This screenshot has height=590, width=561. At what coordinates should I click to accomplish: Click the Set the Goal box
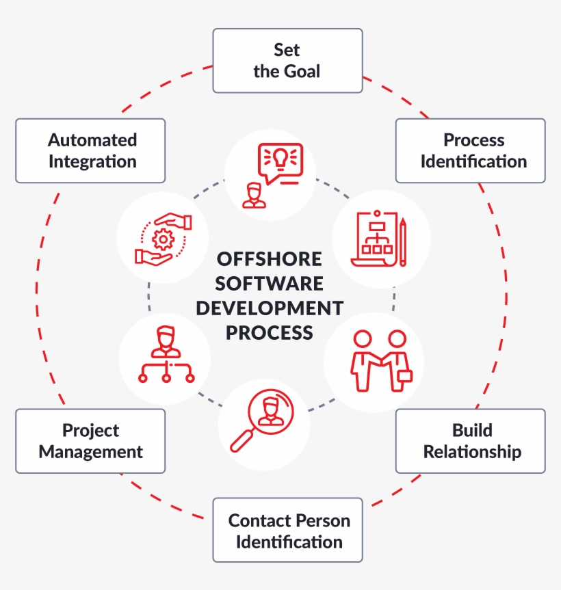(x=287, y=60)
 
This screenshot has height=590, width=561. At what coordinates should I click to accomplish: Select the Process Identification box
(x=471, y=150)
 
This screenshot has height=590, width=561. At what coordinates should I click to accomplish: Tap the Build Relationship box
(x=471, y=441)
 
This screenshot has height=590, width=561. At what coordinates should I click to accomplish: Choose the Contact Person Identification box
(x=287, y=530)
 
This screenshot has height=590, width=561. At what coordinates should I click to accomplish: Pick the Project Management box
(x=90, y=441)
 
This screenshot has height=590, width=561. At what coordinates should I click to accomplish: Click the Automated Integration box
(x=90, y=150)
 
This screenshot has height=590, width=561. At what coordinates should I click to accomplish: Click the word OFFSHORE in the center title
(x=269, y=259)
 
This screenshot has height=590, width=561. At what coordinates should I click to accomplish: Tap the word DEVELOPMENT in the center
(x=269, y=308)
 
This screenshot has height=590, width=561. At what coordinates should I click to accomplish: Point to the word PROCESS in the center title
(x=269, y=332)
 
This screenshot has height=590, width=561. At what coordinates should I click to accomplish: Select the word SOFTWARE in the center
(x=269, y=283)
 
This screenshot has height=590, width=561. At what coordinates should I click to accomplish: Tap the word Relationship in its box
(x=472, y=452)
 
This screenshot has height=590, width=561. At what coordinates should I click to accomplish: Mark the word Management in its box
(x=91, y=452)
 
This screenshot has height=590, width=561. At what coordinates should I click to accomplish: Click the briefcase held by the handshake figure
(x=405, y=375)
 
